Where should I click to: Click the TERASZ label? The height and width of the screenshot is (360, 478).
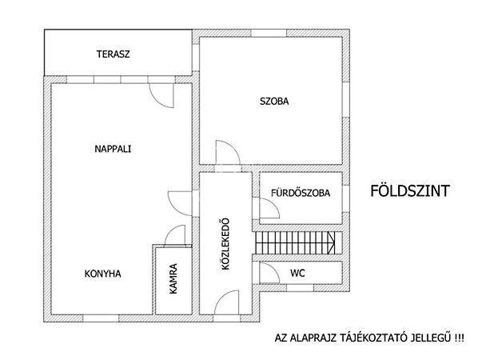(x=113, y=54)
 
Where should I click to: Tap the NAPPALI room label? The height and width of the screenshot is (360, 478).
(x=113, y=149)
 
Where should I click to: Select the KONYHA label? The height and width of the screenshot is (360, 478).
(x=103, y=274)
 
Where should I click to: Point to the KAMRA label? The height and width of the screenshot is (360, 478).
(x=173, y=279)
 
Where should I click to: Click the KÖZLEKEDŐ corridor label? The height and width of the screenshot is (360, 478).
(x=225, y=244)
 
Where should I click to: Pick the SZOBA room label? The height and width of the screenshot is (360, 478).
(x=274, y=102)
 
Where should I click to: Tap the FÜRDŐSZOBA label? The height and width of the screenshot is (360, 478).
(x=301, y=193)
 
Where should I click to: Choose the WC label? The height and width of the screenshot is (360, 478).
(x=297, y=273)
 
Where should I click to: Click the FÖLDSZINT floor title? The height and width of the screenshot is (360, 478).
(x=410, y=191)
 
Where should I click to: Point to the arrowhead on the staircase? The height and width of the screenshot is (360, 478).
(x=331, y=242)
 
